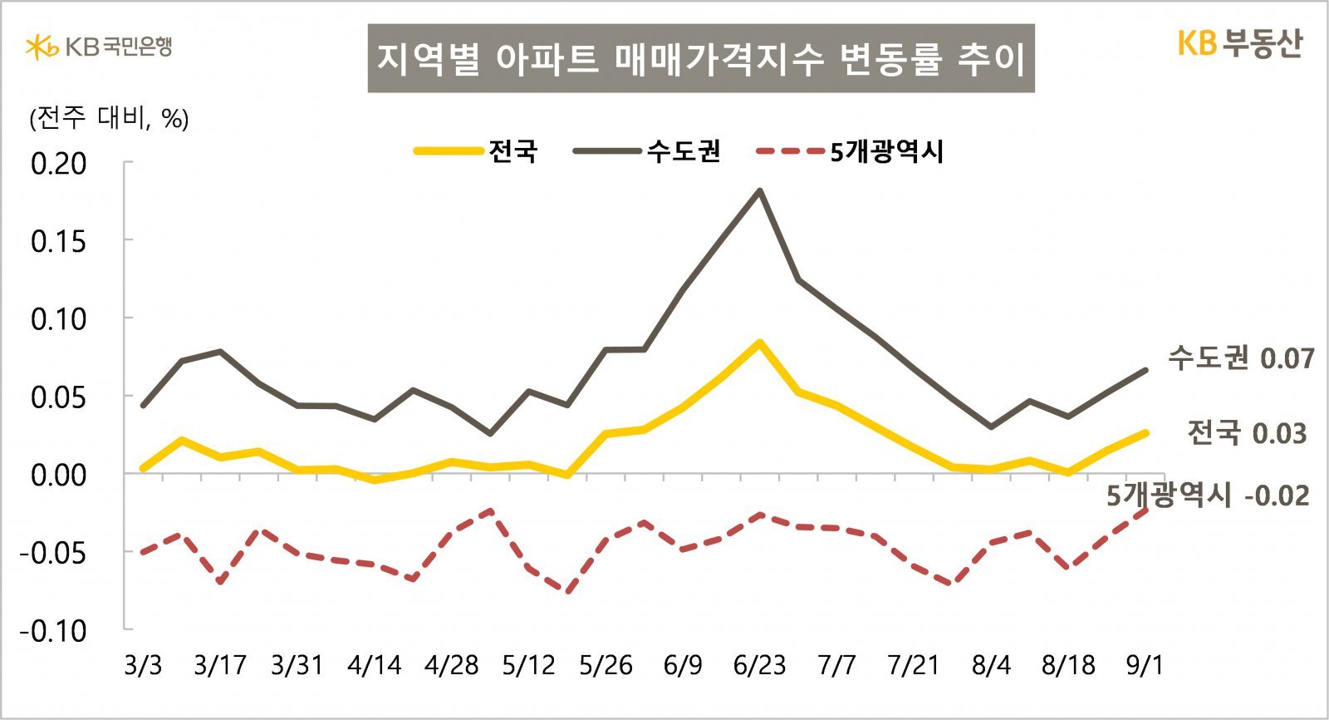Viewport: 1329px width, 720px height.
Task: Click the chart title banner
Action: [x=700, y=58]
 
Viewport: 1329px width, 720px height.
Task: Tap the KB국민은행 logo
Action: [x=99, y=47]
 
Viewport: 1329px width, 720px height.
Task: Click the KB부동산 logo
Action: [x=1239, y=44]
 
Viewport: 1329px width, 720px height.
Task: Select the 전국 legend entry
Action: [x=476, y=151]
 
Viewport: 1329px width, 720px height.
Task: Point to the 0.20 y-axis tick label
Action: [x=58, y=163]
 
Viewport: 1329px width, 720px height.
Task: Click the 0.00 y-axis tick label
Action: [x=58, y=475]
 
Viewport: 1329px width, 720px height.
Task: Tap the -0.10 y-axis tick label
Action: [x=53, y=630]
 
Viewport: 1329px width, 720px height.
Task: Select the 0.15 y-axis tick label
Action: [x=58, y=241]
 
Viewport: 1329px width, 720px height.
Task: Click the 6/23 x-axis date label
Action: [x=759, y=665]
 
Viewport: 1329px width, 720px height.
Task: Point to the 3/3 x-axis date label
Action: [x=143, y=665]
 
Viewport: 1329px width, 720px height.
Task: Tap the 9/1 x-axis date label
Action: [x=1145, y=665]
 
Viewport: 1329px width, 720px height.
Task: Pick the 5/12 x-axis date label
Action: [x=528, y=665]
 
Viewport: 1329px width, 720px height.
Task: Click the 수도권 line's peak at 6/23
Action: [x=759, y=191]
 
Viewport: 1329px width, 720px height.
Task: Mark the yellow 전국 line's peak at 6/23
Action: [x=759, y=343]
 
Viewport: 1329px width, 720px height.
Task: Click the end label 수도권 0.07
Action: [x=1241, y=358]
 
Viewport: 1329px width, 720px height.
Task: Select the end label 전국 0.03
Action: [x=1246, y=433]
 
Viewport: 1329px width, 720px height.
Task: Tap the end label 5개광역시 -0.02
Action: [x=1207, y=496]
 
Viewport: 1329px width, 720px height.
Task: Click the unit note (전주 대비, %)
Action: [x=109, y=119]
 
